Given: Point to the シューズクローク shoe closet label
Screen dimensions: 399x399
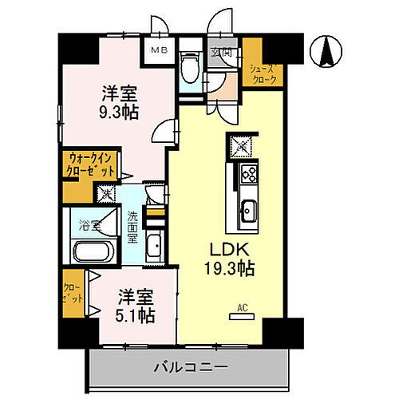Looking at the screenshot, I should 263,74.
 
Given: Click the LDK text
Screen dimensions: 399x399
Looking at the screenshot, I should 227,249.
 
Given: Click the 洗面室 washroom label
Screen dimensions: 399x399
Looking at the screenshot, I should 133,227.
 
